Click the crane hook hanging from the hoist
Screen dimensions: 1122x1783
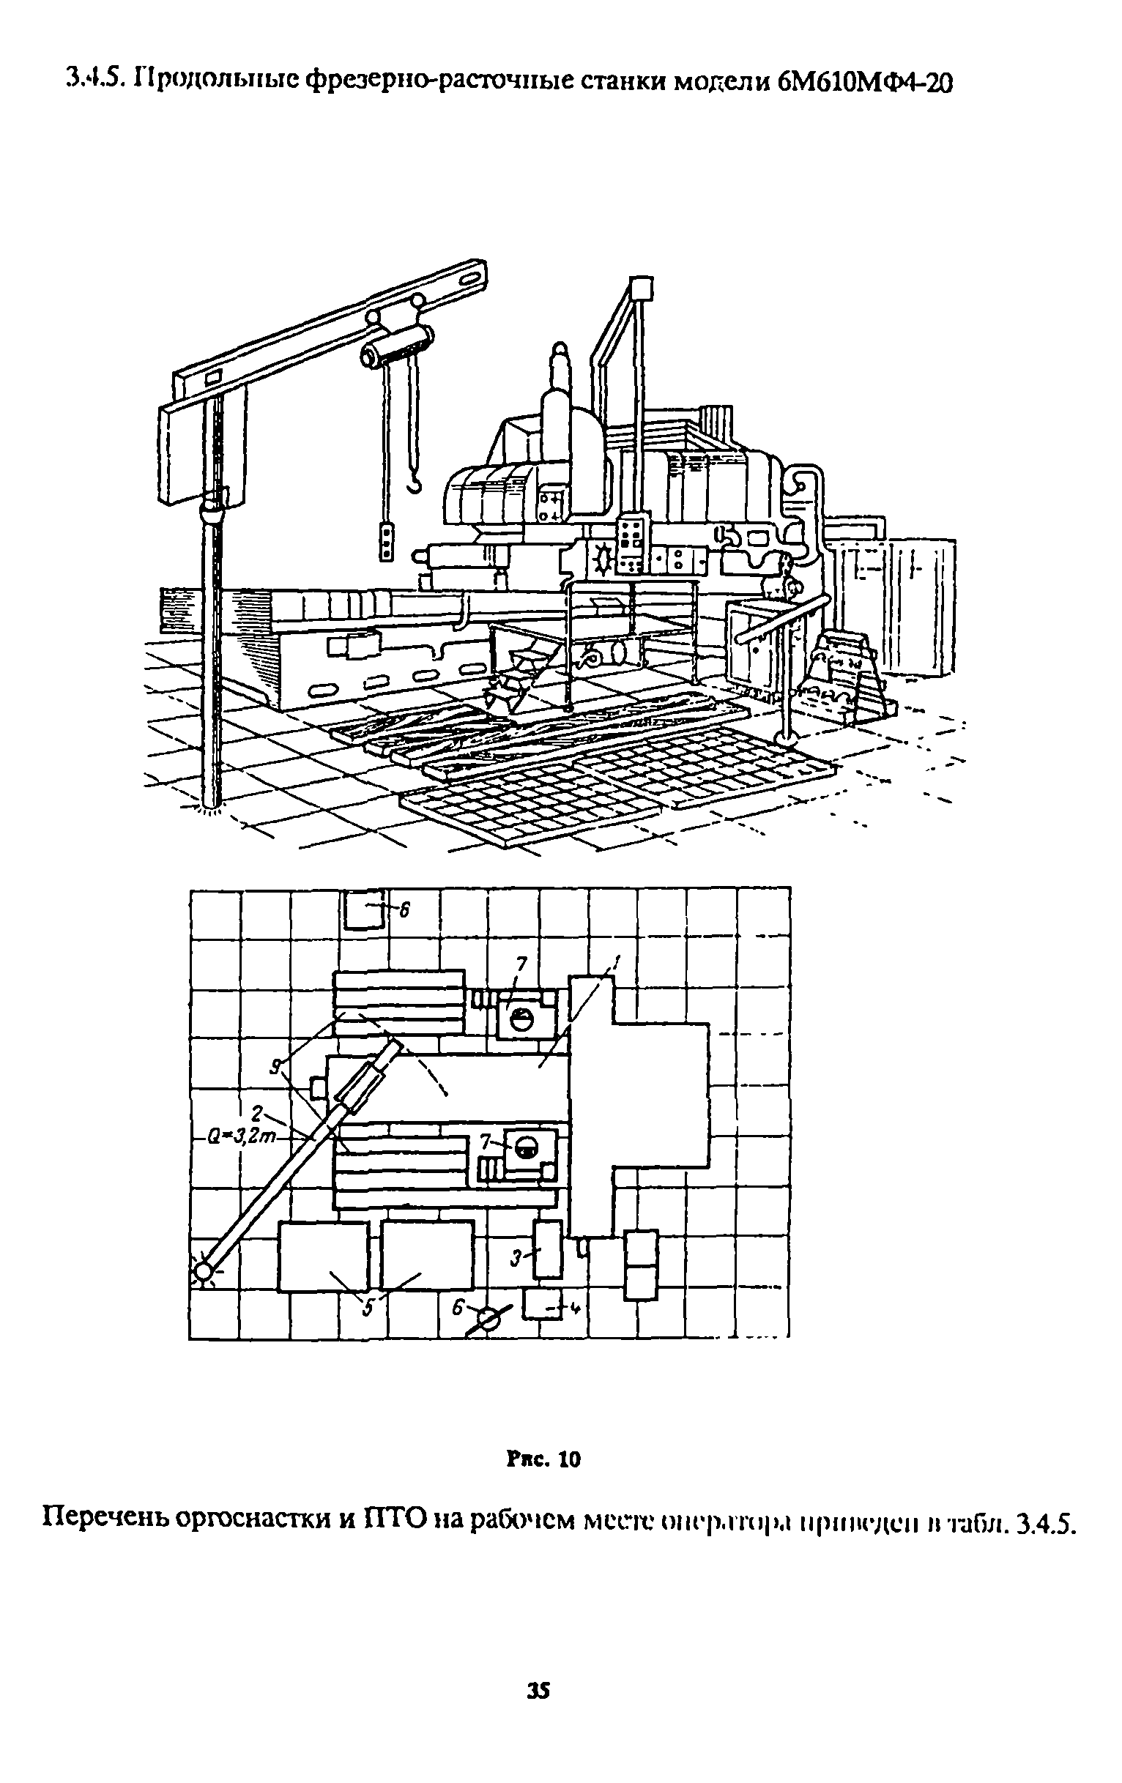coord(416,483)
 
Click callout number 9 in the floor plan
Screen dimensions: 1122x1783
coord(275,1066)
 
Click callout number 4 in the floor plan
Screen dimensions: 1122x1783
coord(574,1309)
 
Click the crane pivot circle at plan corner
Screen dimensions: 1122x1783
coord(201,1272)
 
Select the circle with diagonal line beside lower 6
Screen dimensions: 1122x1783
coord(488,1319)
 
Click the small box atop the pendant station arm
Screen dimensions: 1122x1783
coord(639,286)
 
